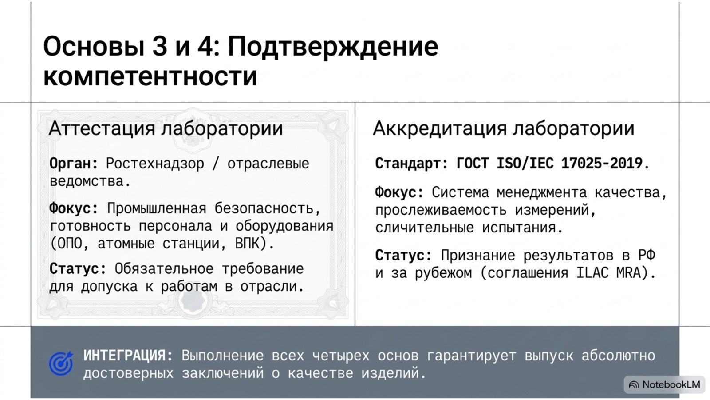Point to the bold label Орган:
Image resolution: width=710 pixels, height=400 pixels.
(74, 164)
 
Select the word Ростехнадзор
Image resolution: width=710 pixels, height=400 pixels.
(155, 164)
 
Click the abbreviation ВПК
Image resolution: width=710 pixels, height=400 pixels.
(250, 244)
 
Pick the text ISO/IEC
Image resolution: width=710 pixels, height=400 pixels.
(525, 164)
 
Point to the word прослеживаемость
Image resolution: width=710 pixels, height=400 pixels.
(441, 211)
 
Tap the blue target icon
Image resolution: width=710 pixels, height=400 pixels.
(61, 364)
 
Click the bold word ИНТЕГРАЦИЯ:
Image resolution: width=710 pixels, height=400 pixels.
(128, 356)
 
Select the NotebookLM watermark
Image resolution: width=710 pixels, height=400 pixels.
(664, 385)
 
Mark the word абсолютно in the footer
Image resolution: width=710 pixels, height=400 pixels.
(618, 356)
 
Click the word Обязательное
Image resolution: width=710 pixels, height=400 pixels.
(164, 269)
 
